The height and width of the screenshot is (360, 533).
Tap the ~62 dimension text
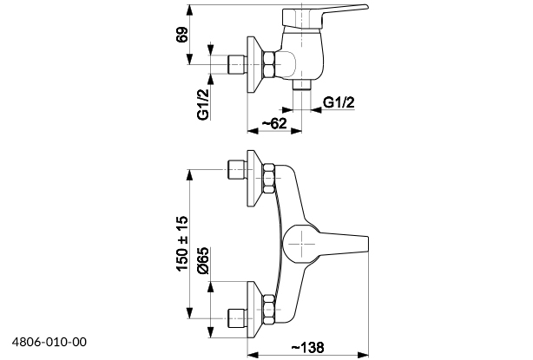point(273,124)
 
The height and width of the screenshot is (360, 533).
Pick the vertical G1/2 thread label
point(202,102)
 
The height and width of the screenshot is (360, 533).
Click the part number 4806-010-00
point(49,343)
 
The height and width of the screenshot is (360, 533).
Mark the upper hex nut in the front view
point(269,177)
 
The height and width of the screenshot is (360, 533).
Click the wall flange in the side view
point(254,65)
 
